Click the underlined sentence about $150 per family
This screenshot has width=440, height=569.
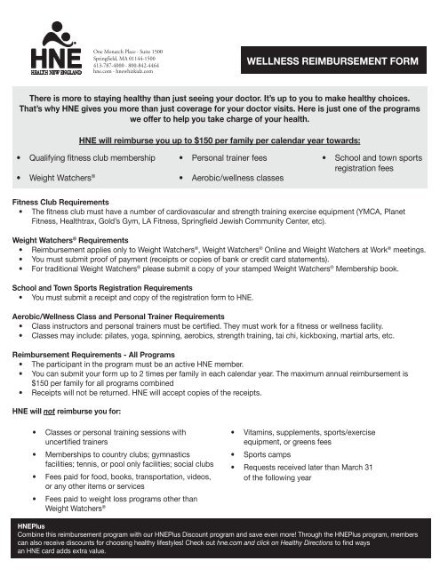pyautogui.click(x=220, y=140)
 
